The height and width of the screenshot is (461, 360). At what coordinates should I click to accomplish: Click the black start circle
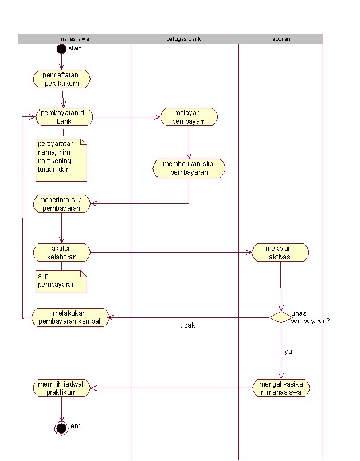click(x=61, y=49)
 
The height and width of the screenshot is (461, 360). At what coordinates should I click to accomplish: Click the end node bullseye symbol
click(x=61, y=427)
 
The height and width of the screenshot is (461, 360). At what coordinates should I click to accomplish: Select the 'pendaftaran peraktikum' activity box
click(x=61, y=79)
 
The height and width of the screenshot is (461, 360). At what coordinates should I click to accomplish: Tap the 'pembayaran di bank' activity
click(x=64, y=117)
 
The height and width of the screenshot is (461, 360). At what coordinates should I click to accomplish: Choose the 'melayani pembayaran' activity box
click(x=189, y=117)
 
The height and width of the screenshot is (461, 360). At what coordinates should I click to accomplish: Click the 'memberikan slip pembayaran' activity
click(x=189, y=168)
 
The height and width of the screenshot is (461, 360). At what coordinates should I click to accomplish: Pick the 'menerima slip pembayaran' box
click(x=61, y=204)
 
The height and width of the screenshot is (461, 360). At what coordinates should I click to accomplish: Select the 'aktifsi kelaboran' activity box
click(x=61, y=253)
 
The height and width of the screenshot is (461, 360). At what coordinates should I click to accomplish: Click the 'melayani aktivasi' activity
click(x=280, y=253)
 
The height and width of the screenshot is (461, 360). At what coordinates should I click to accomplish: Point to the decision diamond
click(x=280, y=317)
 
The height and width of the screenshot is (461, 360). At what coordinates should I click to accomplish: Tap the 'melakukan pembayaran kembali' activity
click(x=70, y=317)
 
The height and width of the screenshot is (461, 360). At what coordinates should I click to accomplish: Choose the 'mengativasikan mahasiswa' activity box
click(x=281, y=388)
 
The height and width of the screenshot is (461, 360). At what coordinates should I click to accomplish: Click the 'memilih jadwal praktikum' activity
click(x=61, y=388)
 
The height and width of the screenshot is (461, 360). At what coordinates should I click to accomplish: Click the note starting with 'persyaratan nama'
click(x=61, y=160)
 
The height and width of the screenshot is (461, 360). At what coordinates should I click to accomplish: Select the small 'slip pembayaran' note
click(x=61, y=281)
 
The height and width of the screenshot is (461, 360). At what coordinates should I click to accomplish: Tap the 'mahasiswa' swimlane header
click(x=75, y=39)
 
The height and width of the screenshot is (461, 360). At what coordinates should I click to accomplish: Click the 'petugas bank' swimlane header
click(x=183, y=39)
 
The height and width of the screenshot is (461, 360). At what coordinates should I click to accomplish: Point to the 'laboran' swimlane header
click(x=280, y=39)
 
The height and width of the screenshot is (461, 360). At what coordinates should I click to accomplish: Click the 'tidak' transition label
click(x=187, y=325)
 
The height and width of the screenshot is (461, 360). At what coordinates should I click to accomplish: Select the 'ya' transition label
click(x=288, y=352)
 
